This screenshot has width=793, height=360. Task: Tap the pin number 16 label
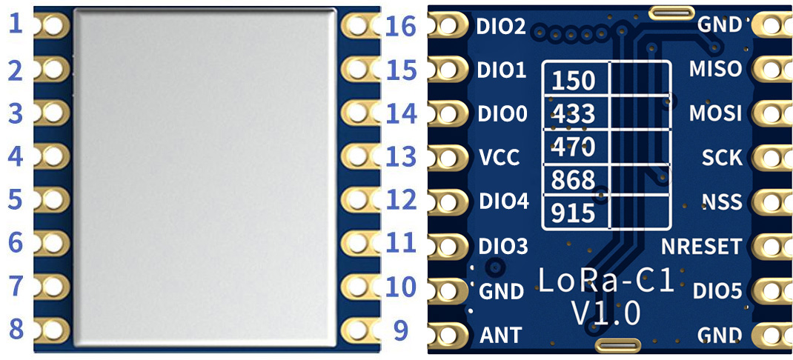(x=401, y=27)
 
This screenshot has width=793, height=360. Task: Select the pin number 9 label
(x=401, y=330)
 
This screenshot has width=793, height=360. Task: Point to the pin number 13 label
(x=401, y=157)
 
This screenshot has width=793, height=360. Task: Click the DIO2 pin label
(x=502, y=27)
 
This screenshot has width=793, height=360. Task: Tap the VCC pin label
(x=500, y=158)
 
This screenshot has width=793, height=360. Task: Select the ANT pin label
(x=501, y=335)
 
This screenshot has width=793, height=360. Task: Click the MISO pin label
(x=715, y=69)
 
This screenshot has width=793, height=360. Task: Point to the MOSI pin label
(x=715, y=113)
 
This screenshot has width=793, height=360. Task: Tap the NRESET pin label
(x=701, y=246)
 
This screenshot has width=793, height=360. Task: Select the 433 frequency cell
(x=574, y=115)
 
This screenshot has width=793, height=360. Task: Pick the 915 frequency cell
(x=574, y=213)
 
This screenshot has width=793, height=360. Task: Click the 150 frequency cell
(x=574, y=80)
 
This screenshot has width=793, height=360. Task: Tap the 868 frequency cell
(x=574, y=180)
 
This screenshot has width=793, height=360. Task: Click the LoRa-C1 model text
(x=605, y=280)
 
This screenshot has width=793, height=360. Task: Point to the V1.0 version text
(x=605, y=313)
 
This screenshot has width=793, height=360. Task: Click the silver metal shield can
(x=206, y=178)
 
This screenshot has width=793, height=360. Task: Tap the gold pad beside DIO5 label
(x=772, y=290)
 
